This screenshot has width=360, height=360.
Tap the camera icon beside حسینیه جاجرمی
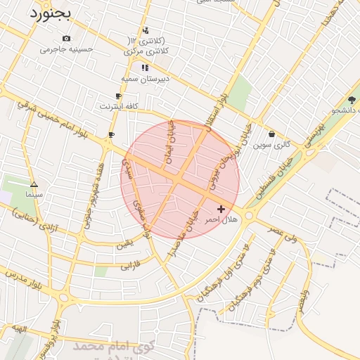[66, 38]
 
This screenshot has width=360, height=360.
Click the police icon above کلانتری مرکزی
[145, 30]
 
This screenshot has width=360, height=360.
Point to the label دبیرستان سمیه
[146, 79]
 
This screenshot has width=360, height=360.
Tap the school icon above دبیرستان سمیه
[145, 68]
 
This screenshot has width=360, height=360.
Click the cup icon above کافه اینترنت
[118, 96]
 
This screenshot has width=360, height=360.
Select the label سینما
[34, 193]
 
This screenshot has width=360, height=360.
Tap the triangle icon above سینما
[34, 184]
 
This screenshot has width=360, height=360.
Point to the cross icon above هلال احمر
[221, 209]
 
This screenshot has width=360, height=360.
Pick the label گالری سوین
[272, 145]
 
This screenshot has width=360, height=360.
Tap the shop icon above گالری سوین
[272, 134]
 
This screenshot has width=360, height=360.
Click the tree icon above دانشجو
[352, 100]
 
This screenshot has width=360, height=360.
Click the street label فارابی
[131, 266]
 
